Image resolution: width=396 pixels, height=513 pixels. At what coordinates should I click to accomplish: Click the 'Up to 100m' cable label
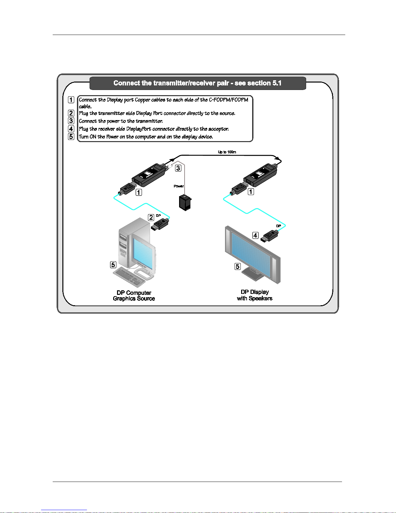227,152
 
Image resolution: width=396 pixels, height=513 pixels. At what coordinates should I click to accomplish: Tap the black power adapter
185,203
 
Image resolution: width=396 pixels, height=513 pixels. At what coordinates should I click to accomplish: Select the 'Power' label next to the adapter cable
178,186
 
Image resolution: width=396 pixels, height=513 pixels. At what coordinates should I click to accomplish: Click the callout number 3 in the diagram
178,168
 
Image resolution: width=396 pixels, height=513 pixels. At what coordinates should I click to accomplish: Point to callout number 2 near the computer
151,217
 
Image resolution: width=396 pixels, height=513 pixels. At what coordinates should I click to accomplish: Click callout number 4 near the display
255,235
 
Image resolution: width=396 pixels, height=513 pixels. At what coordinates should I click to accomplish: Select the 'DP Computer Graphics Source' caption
134,296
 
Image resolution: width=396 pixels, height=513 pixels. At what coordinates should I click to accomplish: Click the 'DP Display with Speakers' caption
255,295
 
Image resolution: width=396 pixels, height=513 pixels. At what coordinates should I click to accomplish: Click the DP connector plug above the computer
160,224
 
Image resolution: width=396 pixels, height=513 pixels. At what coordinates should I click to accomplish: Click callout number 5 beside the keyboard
113,265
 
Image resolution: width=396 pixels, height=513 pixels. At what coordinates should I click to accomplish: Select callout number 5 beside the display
238,266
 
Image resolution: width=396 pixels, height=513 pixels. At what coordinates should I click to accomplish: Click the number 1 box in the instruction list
71,100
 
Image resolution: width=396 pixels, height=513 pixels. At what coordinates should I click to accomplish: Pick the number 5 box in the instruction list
71,137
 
